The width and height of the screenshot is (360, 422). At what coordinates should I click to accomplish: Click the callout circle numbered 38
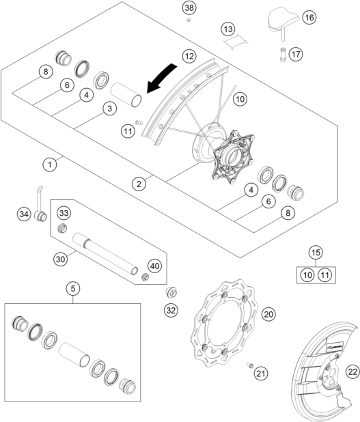[189, 8]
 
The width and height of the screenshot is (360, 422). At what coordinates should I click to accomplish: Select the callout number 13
[227, 29]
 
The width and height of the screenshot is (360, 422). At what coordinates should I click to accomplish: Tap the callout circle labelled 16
[308, 17]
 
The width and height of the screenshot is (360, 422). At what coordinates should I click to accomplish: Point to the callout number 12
[189, 55]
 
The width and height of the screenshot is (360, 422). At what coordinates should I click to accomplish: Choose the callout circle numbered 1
[49, 164]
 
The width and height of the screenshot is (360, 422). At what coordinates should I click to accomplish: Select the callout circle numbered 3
[108, 109]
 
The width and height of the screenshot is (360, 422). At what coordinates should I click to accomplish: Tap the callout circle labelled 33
[63, 213]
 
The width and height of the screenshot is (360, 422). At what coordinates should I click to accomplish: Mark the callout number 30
[61, 259]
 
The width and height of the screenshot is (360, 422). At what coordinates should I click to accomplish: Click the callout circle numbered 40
[154, 266]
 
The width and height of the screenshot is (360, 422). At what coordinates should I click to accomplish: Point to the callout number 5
[72, 288]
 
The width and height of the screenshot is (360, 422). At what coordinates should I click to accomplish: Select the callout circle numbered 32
[171, 311]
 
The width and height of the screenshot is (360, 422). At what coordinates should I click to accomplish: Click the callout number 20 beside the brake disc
[268, 313]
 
